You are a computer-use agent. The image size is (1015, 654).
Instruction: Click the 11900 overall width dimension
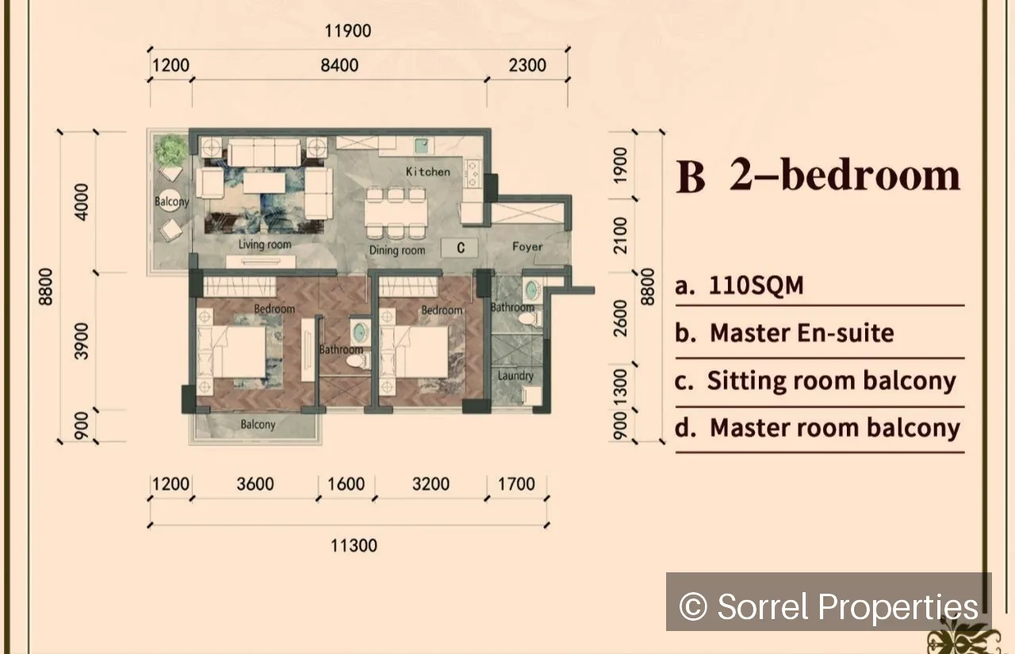point(348,31)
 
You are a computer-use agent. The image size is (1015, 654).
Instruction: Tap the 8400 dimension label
point(339,66)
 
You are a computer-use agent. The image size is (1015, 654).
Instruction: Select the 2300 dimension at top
point(527,66)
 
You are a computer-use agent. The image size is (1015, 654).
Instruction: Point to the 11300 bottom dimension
point(354,545)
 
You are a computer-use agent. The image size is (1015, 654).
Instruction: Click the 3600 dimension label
point(255,484)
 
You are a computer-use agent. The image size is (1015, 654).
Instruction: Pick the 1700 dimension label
point(516,484)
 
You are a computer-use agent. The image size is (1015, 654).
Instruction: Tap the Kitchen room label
point(428,172)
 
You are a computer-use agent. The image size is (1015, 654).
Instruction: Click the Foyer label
point(527,247)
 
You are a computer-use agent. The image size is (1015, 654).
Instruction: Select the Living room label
point(265,245)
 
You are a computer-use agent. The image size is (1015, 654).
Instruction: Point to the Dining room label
point(397,251)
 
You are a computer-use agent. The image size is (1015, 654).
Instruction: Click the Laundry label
point(515,376)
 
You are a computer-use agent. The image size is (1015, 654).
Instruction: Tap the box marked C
point(460,248)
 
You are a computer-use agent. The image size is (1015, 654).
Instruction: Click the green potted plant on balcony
point(170,150)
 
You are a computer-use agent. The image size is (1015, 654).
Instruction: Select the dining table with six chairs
point(396,213)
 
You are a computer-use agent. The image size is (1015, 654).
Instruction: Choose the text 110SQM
point(756,286)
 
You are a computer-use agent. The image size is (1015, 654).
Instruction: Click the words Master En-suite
point(802,333)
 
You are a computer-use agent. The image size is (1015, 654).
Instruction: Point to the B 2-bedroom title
point(818,176)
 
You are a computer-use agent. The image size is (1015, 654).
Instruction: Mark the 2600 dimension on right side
point(620,319)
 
